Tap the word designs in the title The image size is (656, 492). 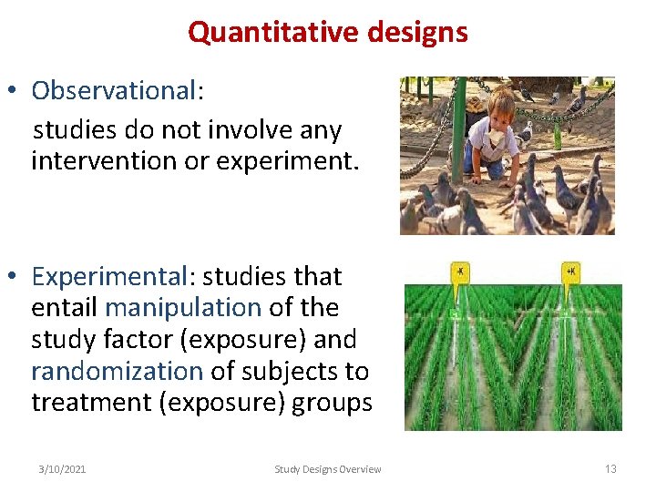click(416, 33)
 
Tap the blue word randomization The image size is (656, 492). click(117, 372)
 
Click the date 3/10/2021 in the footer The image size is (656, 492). click(62, 469)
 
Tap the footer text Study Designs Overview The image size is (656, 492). click(328, 469)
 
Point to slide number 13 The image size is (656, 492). click(610, 469)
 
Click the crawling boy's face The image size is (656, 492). click(500, 111)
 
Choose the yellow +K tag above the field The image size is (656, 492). click(571, 272)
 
